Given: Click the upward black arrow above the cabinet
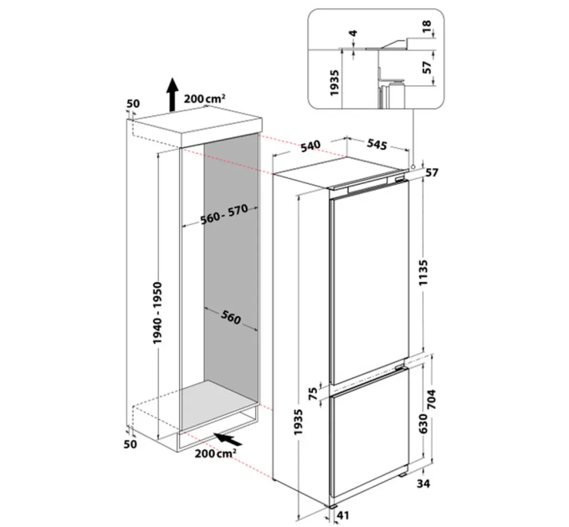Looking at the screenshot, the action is [172, 94].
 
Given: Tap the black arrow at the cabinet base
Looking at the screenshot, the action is [228, 439].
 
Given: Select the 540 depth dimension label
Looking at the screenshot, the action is [310, 146].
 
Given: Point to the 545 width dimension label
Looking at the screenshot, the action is [377, 144].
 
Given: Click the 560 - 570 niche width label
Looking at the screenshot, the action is [224, 214].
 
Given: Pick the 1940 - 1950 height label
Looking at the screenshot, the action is [157, 313].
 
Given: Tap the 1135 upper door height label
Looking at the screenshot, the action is [424, 272].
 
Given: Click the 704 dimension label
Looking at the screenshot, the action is [432, 399].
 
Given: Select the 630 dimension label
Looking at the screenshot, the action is [423, 422].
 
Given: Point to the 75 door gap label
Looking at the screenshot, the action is [312, 392].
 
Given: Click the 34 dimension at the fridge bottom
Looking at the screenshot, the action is [423, 484].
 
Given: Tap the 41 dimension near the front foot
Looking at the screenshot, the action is [343, 515].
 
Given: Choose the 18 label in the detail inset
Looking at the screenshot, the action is [427, 26].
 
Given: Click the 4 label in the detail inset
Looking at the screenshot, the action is [353, 33].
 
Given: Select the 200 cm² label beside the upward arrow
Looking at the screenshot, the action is [205, 99].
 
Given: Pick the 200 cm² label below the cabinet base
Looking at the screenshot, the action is [216, 453].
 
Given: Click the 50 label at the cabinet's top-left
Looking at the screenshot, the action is [133, 104].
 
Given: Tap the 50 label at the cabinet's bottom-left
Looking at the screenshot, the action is [131, 444].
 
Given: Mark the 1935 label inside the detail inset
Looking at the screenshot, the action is [334, 83].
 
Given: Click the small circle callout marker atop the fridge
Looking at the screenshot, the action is [413, 166].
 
